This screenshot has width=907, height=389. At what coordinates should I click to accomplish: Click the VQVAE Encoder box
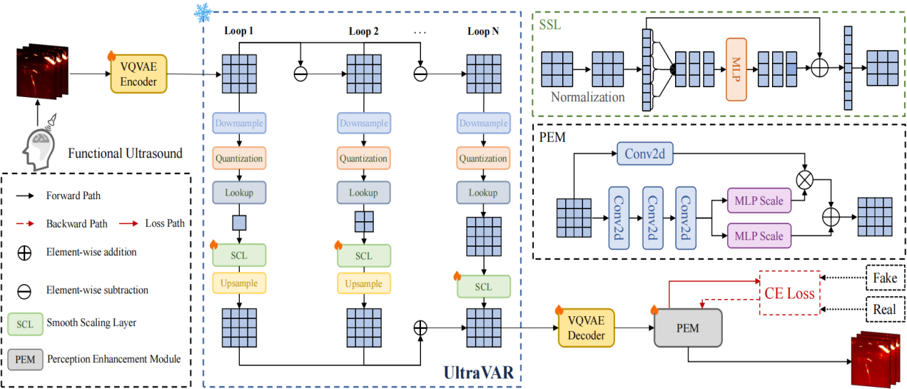138,73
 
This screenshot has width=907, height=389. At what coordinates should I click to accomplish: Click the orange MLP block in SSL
736,69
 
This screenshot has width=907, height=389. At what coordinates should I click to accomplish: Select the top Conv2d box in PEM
644,152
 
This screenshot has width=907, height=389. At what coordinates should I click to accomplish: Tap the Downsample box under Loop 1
239,123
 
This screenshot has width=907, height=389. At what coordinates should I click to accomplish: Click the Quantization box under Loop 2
363,158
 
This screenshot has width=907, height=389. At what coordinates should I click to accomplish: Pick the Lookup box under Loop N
483,193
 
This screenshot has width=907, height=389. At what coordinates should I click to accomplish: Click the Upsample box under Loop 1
239,284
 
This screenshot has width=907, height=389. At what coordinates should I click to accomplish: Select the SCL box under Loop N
483,287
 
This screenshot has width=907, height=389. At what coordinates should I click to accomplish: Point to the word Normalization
587,97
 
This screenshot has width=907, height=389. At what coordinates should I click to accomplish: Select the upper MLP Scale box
759,201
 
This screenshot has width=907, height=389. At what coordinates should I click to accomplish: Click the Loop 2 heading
364,31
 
